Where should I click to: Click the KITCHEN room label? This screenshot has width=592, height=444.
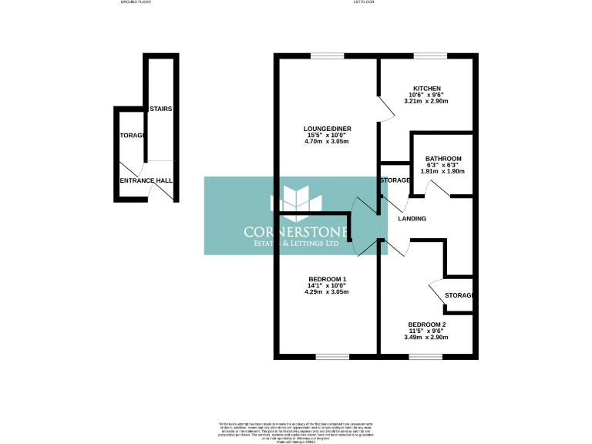point(426,89)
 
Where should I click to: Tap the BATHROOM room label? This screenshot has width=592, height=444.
point(443,159)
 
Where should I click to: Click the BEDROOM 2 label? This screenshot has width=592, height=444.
point(426,324)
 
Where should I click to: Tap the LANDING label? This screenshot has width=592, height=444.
point(412,219)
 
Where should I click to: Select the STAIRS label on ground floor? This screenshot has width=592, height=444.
point(160,109)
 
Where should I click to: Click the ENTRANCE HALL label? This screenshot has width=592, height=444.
point(146,180)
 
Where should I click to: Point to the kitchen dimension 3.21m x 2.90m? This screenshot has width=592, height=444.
point(426,102)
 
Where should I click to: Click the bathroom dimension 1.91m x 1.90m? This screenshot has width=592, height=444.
point(443,171)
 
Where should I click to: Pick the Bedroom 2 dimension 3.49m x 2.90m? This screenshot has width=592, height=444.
point(426,337)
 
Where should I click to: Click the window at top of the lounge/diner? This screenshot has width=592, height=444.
point(328,55)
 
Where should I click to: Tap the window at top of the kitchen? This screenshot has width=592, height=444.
point(429,55)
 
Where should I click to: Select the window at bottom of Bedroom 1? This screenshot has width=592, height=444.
point(332,356)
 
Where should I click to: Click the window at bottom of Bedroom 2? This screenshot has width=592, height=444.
point(425,356)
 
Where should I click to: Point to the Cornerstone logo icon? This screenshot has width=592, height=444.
point(296,201)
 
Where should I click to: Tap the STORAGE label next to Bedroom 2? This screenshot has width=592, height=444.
point(459,296)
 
